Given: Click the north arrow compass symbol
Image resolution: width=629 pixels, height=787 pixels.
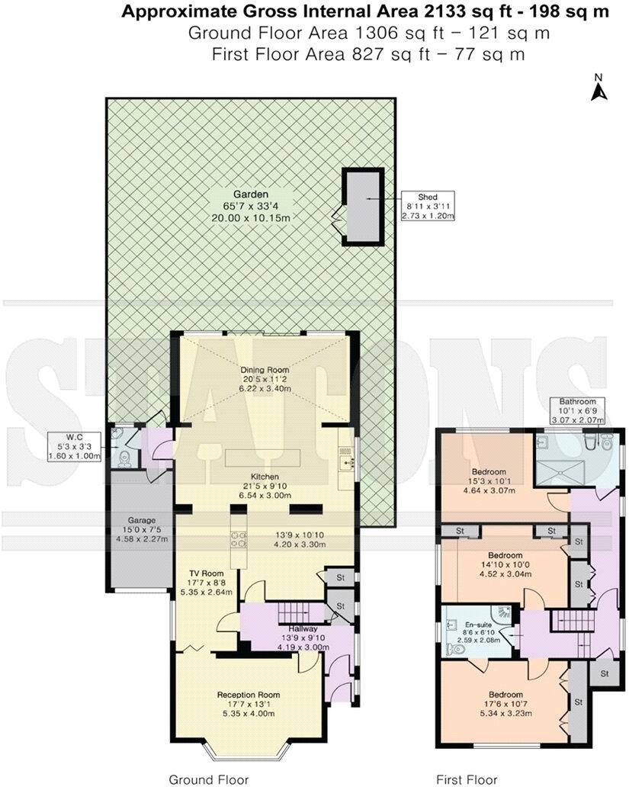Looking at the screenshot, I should [x=599, y=88].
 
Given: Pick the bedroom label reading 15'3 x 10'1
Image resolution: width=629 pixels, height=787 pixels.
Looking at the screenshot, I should [x=489, y=481].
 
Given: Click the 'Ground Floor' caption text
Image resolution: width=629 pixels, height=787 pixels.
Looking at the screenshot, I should [x=209, y=779].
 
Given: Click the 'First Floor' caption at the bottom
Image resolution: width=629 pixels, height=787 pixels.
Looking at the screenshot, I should [x=461, y=779].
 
